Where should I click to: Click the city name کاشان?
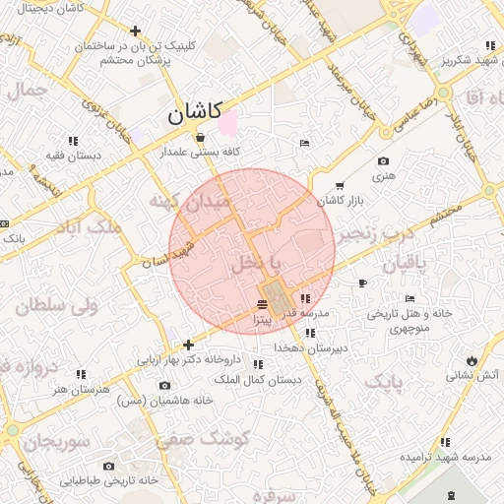click(x=195, y=113)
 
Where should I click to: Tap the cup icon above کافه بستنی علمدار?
click(x=201, y=137)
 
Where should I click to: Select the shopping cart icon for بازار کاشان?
click(x=340, y=185)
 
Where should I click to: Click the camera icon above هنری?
click(x=383, y=161)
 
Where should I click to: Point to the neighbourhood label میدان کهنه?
click(x=192, y=201)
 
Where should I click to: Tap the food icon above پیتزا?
click(x=262, y=303)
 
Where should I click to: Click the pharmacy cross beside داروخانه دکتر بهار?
click(x=188, y=345)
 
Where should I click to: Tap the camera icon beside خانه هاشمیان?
click(x=164, y=385)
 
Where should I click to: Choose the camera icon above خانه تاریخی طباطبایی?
click(x=108, y=466)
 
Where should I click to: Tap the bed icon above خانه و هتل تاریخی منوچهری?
click(x=409, y=299)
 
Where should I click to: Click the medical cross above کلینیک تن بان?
click(x=135, y=30)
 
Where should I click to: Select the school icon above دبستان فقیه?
click(x=74, y=139)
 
